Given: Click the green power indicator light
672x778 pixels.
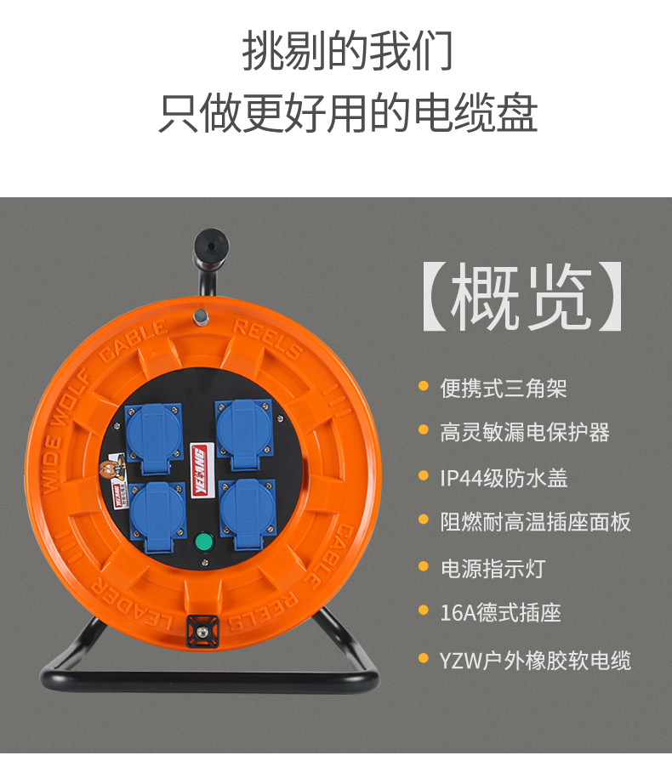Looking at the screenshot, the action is click(203, 542).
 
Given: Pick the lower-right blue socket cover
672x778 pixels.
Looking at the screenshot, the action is click(248, 513).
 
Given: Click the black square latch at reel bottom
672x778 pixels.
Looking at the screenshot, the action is click(202, 631).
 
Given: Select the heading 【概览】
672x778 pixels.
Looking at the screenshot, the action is click(523, 297).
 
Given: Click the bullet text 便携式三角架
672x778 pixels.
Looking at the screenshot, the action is click(504, 388).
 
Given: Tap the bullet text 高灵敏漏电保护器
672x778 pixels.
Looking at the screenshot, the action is click(525, 432).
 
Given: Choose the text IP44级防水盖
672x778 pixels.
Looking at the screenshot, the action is click(504, 479).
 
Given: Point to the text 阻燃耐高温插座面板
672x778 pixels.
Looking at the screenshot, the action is click(535, 522).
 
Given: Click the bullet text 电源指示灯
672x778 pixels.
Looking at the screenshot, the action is click(493, 569).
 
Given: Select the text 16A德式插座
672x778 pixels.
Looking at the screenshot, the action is click(500, 613).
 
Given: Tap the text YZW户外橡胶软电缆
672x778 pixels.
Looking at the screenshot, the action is click(535, 661).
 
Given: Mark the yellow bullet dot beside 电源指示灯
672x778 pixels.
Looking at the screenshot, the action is click(424, 565).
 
